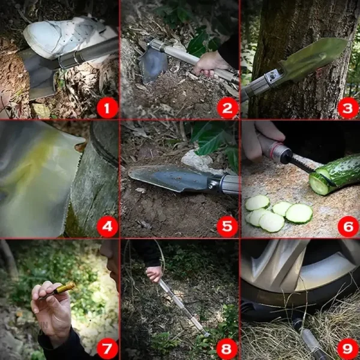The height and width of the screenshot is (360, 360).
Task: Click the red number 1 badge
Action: pyautogui.click(x=107, y=109)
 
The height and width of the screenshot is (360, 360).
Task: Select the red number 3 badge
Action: pyautogui.click(x=347, y=109)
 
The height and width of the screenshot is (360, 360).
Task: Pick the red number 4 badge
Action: pyautogui.click(x=107, y=227)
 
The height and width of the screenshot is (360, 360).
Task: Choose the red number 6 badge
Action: pyautogui.click(x=347, y=227)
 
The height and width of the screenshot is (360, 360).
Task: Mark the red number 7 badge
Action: pyautogui.click(x=107, y=348)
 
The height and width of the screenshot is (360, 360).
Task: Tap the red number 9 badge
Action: pyautogui.click(x=347, y=348)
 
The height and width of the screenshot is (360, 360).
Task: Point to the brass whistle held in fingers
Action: pyautogui.click(x=60, y=289)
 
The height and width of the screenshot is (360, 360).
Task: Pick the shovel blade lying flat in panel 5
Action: pyautogui.click(x=168, y=178)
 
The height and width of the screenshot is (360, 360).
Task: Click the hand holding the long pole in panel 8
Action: pyautogui.click(x=155, y=274)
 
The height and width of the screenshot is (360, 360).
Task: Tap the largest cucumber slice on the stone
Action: pyautogui.click(x=299, y=213)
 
